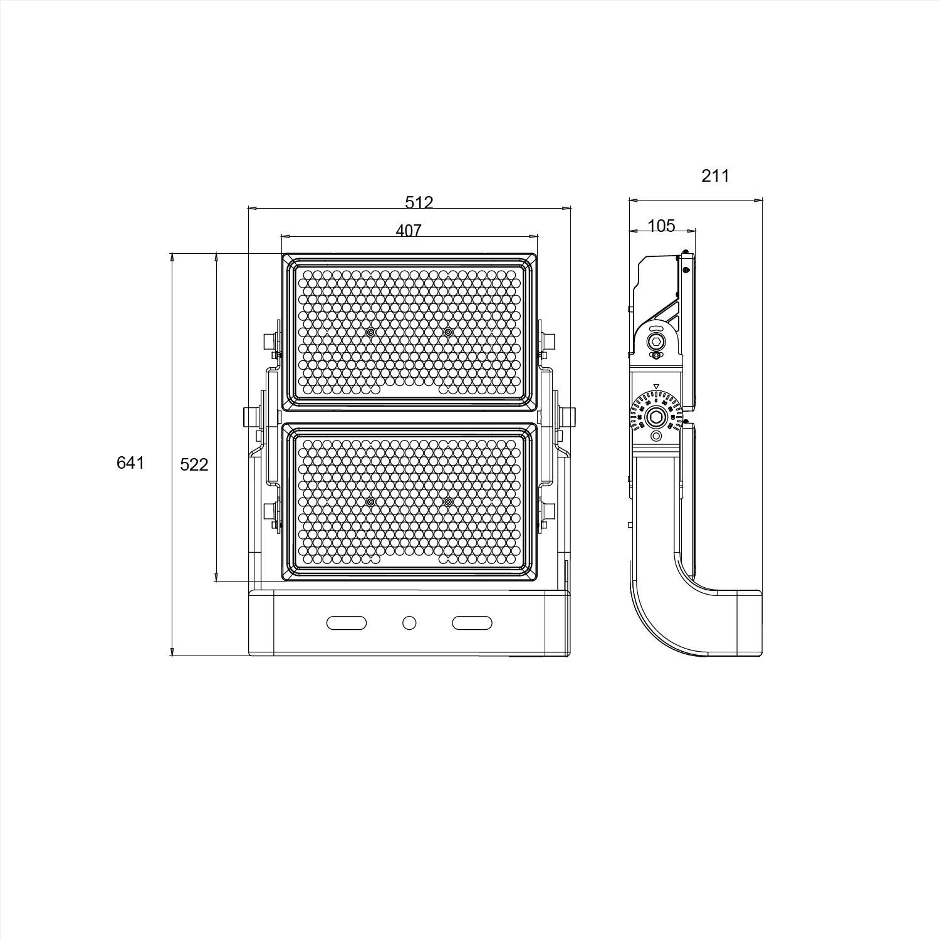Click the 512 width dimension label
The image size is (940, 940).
(x=419, y=202)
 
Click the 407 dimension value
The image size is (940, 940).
(x=409, y=231)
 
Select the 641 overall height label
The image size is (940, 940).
(x=130, y=462)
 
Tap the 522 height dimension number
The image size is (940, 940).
(x=194, y=464)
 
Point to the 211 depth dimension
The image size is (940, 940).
(x=715, y=176)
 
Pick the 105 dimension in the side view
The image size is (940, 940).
(x=661, y=226)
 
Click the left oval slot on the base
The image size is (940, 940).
(x=347, y=623)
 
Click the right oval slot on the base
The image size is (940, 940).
(x=472, y=623)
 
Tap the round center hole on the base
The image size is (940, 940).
(x=409, y=623)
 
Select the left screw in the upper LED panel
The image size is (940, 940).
(x=371, y=332)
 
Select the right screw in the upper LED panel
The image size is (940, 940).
(x=447, y=332)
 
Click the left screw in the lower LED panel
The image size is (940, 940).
(x=371, y=502)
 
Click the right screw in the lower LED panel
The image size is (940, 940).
(x=447, y=502)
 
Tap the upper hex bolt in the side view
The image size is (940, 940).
(x=656, y=342)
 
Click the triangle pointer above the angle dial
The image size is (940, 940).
(x=656, y=386)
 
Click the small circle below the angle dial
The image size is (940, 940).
(x=656, y=436)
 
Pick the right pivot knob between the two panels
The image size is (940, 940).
(x=568, y=416)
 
